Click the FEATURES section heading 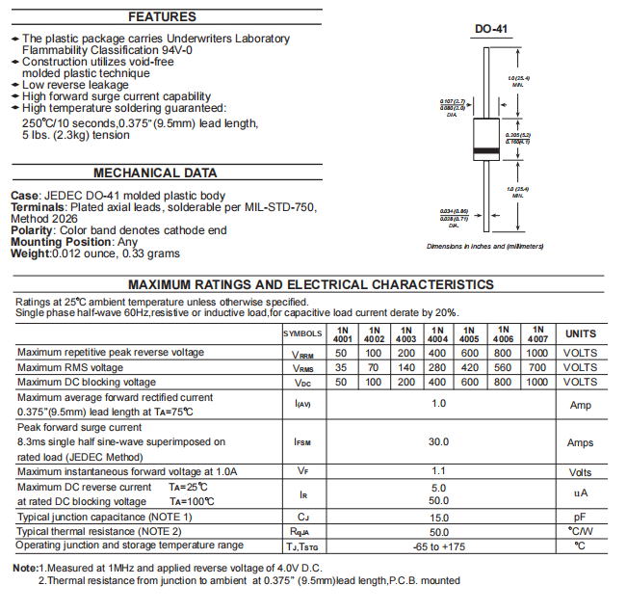tap(162, 17)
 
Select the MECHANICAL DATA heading tap(155, 173)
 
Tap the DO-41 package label tap(491, 30)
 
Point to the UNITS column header tap(581, 333)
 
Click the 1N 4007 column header tap(537, 333)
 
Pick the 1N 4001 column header tap(342, 333)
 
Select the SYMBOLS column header tap(302, 333)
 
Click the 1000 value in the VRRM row tap(537, 353)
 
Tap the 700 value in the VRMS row tap(537, 367)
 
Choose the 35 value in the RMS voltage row tap(341, 367)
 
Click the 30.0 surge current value tap(439, 441)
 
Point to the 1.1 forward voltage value tap(439, 471)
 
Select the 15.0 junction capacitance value tap(439, 518)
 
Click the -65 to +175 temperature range tap(439, 546)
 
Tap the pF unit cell tap(581, 518)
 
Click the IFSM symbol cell tap(302, 442)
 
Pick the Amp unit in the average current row tap(581, 405)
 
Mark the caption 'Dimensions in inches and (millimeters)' tap(485, 247)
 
